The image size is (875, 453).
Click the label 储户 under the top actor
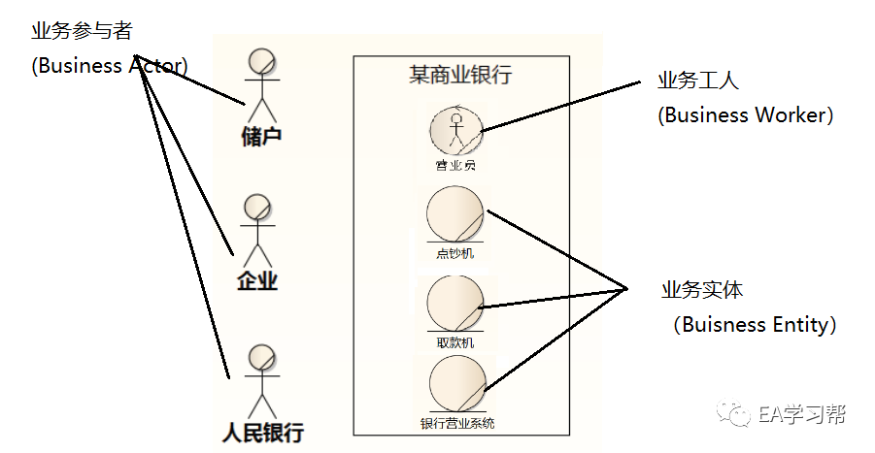coord(260,136)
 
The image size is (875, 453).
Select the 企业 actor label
coord(258,282)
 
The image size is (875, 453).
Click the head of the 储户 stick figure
coord(260,61)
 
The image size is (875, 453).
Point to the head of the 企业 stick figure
coord(257,208)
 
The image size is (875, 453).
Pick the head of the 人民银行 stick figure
coord(261,357)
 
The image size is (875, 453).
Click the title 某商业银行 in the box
coord(460,75)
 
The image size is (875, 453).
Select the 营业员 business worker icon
coord(455,128)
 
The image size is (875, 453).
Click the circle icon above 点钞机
coord(454,214)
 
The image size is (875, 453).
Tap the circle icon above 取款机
coord(454,304)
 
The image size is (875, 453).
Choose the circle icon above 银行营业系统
coord(456,384)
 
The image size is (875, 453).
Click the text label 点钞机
coord(454,254)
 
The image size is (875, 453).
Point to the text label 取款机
coord(455,342)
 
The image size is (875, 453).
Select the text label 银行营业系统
coord(456,423)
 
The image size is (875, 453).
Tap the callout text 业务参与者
coord(81,31)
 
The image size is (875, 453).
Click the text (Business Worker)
coord(746,114)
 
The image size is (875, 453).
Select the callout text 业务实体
coord(702,290)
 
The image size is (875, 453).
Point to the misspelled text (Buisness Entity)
coord(754,325)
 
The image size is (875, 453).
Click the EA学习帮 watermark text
coord(802,414)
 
